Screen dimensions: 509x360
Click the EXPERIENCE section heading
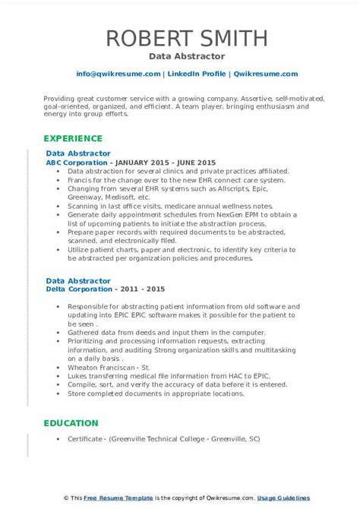72,139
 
